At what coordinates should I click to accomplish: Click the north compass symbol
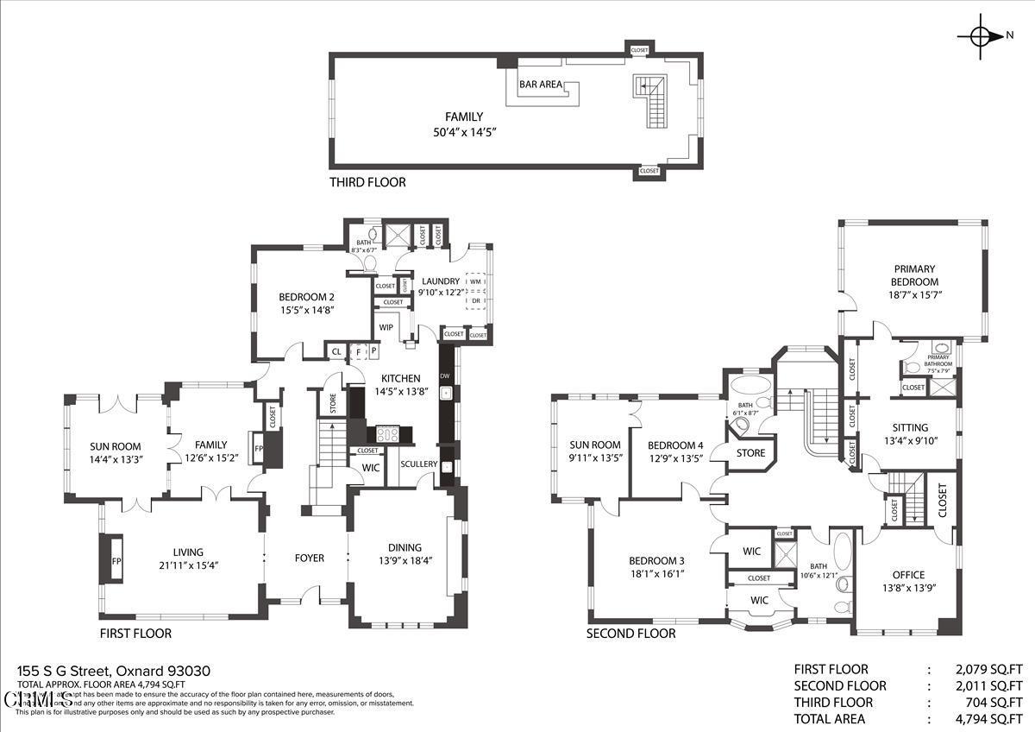[x=981, y=35]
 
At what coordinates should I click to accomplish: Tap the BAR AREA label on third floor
[x=541, y=85]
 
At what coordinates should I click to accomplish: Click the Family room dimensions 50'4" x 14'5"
[x=465, y=132]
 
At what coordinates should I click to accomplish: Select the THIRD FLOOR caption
[x=367, y=182]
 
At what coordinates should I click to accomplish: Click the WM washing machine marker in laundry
[x=475, y=281]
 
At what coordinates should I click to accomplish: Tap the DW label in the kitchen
[x=445, y=376]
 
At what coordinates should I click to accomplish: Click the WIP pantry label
[x=386, y=328]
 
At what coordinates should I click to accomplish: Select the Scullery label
[x=419, y=464]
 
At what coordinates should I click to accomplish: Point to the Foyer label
[x=310, y=558]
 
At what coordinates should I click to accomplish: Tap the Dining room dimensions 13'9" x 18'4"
[x=405, y=560]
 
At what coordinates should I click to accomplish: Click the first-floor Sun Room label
[x=115, y=446]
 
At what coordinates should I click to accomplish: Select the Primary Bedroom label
[x=915, y=275]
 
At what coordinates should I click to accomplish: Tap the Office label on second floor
[x=908, y=575]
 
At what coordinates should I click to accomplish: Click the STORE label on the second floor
[x=750, y=453]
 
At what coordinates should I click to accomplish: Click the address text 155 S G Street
[x=70, y=671]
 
